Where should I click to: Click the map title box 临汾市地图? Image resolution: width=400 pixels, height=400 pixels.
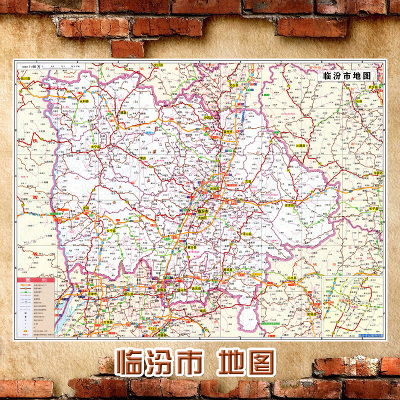[346, 76]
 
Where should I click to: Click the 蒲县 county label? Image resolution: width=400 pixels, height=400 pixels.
[142, 158]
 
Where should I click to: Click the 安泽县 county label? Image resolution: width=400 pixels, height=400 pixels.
[291, 205]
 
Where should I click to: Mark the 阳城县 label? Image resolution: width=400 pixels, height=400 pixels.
[313, 313]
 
